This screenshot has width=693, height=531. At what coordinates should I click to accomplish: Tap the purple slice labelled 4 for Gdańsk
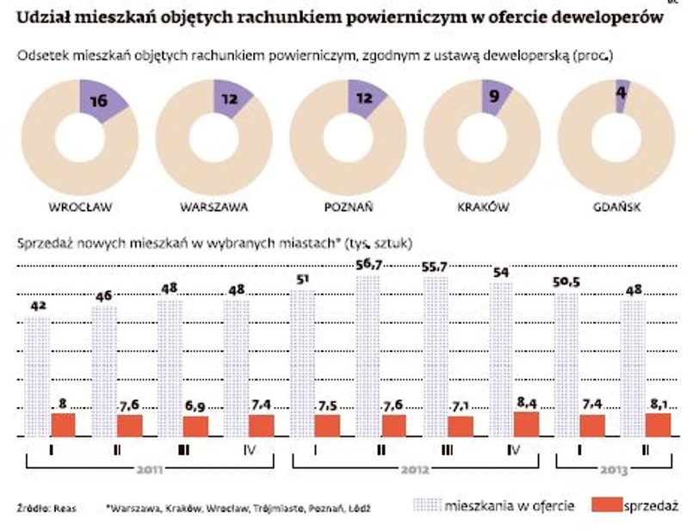click(x=622, y=95)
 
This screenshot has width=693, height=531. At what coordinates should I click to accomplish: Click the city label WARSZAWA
click(x=214, y=207)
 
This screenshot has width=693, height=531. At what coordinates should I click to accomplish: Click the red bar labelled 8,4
click(x=527, y=424)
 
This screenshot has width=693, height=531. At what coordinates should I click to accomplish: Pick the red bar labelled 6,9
click(x=195, y=427)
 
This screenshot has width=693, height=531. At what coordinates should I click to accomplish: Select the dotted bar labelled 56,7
click(x=372, y=353)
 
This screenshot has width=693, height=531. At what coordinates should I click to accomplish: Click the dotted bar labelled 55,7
click(x=437, y=355)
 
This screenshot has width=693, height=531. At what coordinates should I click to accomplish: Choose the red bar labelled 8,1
click(x=659, y=425)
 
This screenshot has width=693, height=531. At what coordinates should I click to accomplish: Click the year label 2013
click(x=615, y=471)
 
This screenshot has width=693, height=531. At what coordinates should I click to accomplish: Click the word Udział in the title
click(x=43, y=16)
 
